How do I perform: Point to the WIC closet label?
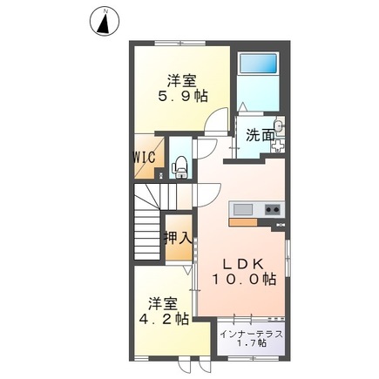145,158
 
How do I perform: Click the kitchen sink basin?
241,210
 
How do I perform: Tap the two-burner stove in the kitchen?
271,210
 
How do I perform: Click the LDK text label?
246,263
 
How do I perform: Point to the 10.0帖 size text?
246,280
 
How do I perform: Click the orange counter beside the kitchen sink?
243,221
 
